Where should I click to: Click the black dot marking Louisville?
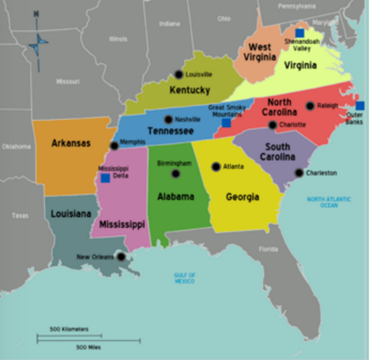click(x=179, y=75)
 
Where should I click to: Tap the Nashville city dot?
click(x=168, y=119)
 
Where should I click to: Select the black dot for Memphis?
click(x=114, y=146)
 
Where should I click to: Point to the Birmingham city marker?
click(x=175, y=174)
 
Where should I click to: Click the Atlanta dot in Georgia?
click(x=216, y=167)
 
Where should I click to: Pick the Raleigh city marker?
click(x=310, y=106)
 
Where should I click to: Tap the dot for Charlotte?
click(x=273, y=125)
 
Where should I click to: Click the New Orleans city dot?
click(x=121, y=257)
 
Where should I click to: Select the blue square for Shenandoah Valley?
click(x=300, y=33)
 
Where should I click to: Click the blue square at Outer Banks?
click(x=360, y=106)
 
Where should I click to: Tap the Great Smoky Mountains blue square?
click(x=226, y=123)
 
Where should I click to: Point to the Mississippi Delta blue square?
click(x=105, y=178)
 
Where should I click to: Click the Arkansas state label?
click(x=71, y=143)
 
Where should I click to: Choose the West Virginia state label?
click(x=260, y=52)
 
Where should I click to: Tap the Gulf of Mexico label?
click(x=185, y=278)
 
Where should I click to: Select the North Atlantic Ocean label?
click(x=329, y=202)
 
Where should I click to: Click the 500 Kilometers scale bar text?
click(x=69, y=329)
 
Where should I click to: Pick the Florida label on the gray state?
click(x=269, y=250)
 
